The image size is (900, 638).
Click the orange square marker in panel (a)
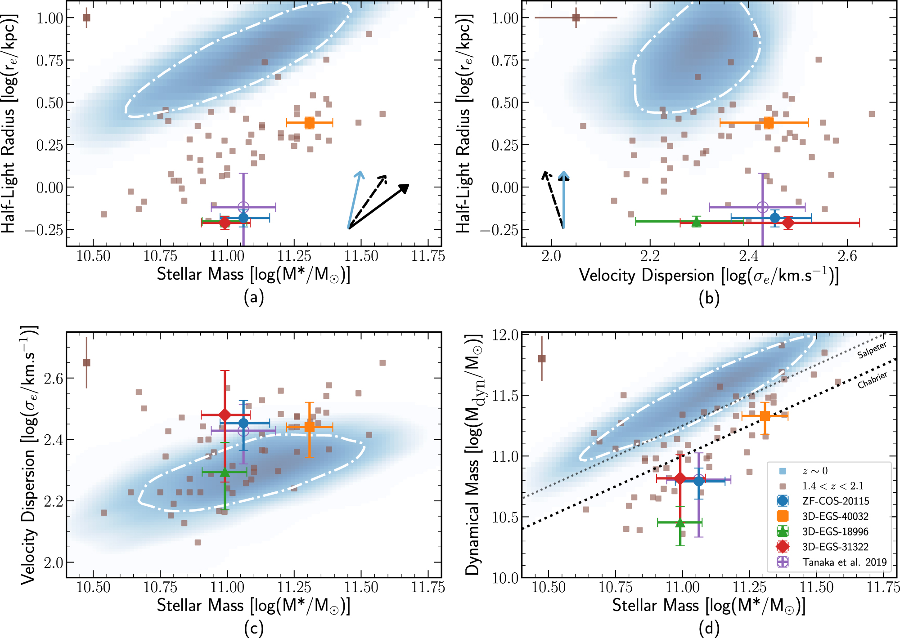tap(309, 122)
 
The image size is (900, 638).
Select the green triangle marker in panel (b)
tap(696, 221)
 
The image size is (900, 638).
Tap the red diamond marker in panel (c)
tap(225, 415)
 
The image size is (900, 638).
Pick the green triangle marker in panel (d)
tap(680, 522)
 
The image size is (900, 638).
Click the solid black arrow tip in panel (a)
tap(406, 186)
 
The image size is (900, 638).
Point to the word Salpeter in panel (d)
tap(872, 350)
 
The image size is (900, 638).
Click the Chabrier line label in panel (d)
tap(872, 380)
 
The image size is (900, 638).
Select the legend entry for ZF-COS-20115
tap(835, 501)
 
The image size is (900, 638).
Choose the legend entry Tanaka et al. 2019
tap(844, 562)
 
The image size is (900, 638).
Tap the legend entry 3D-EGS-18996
tap(835, 531)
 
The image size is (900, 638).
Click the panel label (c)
tap(253, 628)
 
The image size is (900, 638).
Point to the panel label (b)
tap(709, 298)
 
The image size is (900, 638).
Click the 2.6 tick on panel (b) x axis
tap(847, 256)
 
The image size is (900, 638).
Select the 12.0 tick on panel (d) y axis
tap(505, 335)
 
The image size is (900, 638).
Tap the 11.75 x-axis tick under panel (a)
tap(427, 256)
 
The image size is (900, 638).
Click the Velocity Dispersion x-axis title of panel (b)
tap(709, 275)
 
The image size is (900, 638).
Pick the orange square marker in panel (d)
tap(765, 416)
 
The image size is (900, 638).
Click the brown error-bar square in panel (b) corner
tap(576, 18)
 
